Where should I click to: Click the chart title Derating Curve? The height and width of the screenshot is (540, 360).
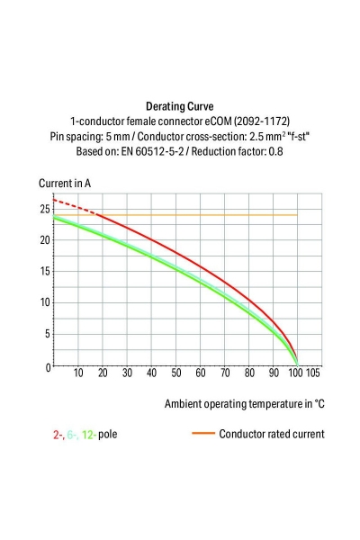[x=179, y=105]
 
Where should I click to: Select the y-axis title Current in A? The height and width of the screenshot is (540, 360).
[x=65, y=184]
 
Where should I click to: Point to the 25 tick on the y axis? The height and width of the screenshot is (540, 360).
[x=44, y=209]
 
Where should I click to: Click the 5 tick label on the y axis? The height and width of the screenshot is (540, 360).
[x=47, y=334]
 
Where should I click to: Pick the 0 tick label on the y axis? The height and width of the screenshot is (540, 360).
[x=47, y=366]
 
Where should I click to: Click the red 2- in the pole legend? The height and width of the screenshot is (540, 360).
[x=57, y=434]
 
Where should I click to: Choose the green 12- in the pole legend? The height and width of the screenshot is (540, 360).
[x=90, y=434]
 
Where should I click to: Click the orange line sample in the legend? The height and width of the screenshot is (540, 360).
[x=202, y=434]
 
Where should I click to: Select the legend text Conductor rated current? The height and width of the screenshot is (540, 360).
[x=271, y=434]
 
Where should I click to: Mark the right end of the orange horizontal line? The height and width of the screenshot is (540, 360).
[x=297, y=215]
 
